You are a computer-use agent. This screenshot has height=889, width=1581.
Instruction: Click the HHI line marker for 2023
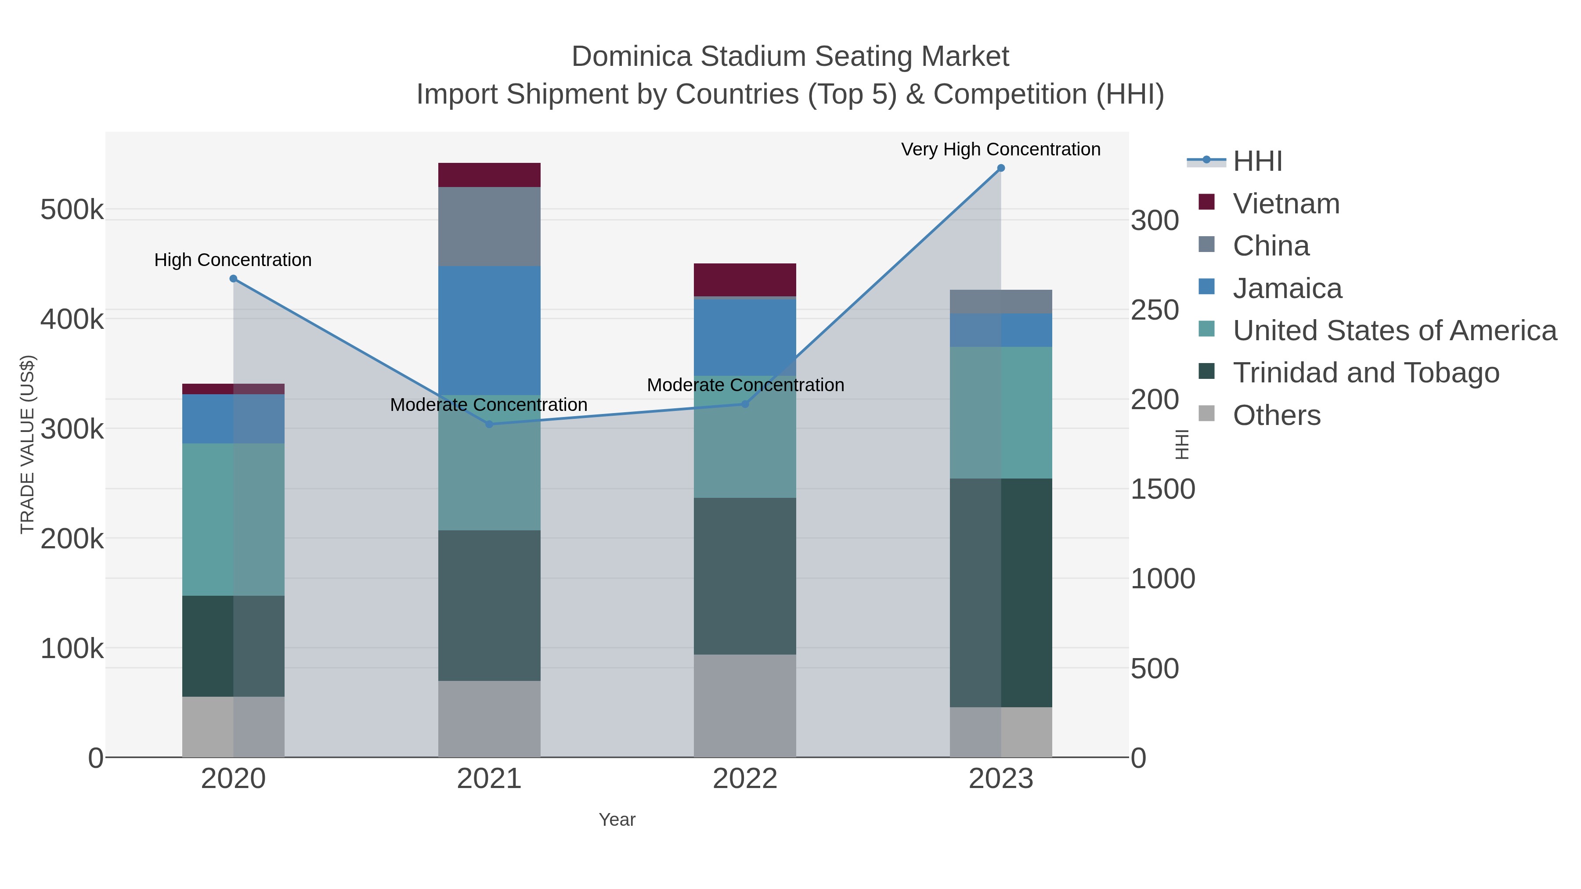click(x=1000, y=168)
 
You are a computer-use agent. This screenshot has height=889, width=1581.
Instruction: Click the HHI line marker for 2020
click(x=233, y=278)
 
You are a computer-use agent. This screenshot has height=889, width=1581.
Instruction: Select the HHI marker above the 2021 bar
click(x=489, y=424)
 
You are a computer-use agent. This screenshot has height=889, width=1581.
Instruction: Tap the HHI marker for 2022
click(x=745, y=404)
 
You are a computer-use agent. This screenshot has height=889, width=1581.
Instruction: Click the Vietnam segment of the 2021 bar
click(x=489, y=175)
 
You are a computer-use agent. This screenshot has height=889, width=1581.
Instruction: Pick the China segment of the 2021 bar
click(x=489, y=227)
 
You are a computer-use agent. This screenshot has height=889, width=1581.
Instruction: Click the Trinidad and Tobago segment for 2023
click(x=1001, y=592)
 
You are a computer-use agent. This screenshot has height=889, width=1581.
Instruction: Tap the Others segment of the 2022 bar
click(x=745, y=705)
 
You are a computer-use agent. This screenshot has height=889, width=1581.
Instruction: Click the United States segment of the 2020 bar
click(x=233, y=519)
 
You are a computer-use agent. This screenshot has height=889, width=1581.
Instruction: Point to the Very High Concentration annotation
click(x=1000, y=149)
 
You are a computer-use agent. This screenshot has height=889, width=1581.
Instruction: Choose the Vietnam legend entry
click(x=1286, y=204)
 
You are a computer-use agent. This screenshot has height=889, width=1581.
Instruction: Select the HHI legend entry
click(x=1257, y=162)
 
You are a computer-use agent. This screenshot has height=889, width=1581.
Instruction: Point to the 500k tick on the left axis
click(x=72, y=210)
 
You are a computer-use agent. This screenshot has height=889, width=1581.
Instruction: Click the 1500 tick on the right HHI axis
click(x=1162, y=489)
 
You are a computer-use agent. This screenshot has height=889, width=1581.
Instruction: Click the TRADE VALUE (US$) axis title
click(x=28, y=444)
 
